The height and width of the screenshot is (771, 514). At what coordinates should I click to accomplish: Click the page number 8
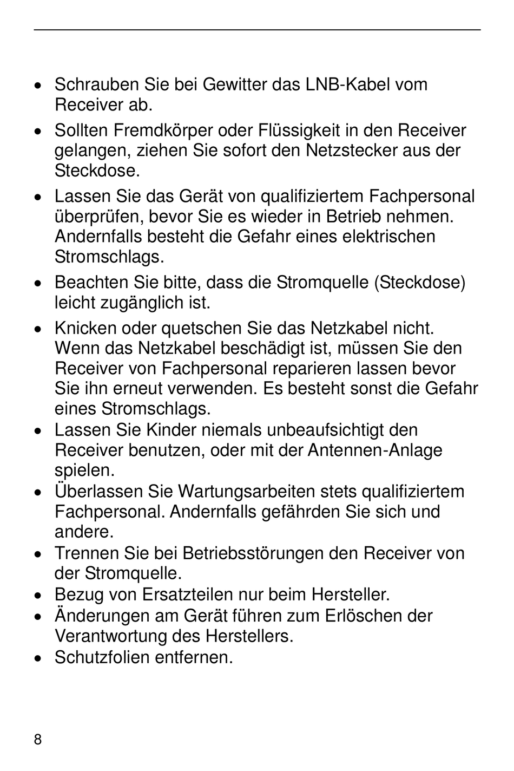[37, 740]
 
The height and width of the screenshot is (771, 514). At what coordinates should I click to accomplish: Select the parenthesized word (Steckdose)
[420, 283]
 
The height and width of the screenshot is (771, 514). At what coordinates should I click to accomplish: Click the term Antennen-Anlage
[375, 450]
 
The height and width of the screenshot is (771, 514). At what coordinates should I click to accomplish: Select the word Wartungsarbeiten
[246, 492]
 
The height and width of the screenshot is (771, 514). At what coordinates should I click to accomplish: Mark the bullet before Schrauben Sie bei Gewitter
[38, 86]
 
